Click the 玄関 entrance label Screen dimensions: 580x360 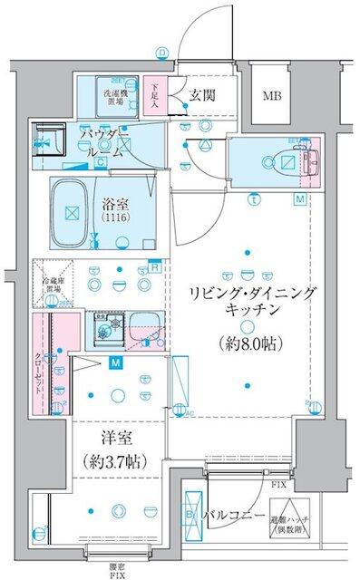tap(202, 95)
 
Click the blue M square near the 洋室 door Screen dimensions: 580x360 tap(116, 363)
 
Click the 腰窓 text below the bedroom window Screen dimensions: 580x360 tap(116, 564)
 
